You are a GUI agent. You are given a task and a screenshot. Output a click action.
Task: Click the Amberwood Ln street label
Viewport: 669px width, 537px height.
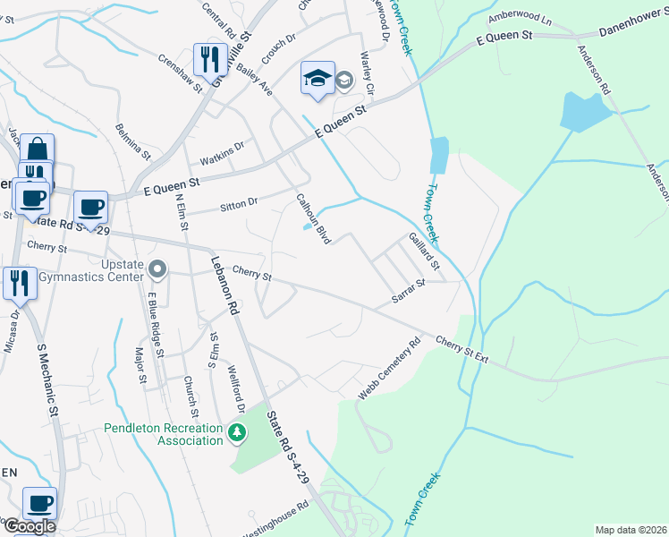tap(520, 18)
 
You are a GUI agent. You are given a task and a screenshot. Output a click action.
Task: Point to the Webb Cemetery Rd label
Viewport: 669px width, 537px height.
tap(389, 368)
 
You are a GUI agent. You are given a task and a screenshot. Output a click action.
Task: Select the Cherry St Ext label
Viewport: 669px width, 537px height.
tap(462, 349)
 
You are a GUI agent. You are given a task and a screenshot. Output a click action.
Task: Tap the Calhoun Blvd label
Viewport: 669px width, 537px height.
tap(314, 220)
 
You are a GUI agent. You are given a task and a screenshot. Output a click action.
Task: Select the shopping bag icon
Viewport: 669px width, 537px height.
tap(37, 149)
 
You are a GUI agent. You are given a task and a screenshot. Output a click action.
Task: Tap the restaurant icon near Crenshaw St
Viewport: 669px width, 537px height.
tap(210, 60)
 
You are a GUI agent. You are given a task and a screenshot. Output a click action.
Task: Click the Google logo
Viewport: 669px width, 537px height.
tap(29, 526)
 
